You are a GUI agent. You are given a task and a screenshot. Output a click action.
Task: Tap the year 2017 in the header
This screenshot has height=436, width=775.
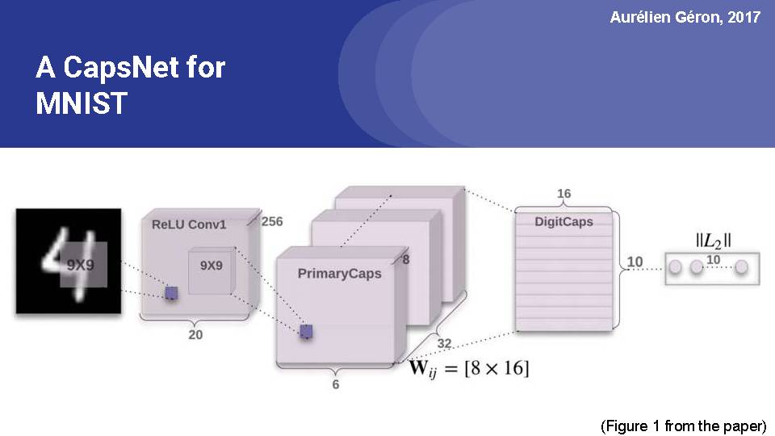[744, 17]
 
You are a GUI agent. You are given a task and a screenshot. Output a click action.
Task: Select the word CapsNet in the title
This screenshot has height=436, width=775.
[120, 68]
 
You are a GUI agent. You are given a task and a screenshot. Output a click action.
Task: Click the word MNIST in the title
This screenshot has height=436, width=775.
[82, 103]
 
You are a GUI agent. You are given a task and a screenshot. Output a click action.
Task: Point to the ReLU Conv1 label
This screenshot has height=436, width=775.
[189, 224]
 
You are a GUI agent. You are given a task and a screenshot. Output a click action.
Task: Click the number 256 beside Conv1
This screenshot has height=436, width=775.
[272, 221]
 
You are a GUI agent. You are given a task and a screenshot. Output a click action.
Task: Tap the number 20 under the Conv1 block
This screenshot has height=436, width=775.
[195, 334]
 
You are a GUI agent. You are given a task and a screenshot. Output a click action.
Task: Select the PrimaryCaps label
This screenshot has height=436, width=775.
[340, 274]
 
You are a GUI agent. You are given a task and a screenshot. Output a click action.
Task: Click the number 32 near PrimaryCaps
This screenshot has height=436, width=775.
[444, 343]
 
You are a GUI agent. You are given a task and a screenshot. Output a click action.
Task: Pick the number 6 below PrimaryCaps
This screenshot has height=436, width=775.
[336, 384]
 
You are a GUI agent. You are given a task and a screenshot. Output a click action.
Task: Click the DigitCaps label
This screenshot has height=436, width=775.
[563, 222]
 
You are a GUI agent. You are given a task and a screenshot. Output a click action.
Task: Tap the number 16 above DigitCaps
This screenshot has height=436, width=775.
[564, 193]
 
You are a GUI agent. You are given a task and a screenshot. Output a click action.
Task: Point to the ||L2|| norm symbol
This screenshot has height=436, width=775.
[713, 241]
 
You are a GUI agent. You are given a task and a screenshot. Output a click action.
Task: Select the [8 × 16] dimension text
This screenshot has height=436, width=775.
[496, 368]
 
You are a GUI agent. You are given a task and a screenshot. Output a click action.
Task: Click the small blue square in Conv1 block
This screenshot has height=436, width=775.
[171, 294]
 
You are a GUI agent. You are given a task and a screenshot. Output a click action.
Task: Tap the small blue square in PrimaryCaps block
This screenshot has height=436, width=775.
[306, 332]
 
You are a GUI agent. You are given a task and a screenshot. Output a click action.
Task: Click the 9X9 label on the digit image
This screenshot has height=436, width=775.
[81, 266]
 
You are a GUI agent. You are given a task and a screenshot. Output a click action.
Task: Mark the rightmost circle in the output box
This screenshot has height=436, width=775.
[741, 267]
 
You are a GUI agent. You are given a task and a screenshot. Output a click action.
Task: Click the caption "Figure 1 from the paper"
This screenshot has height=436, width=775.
[684, 426]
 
